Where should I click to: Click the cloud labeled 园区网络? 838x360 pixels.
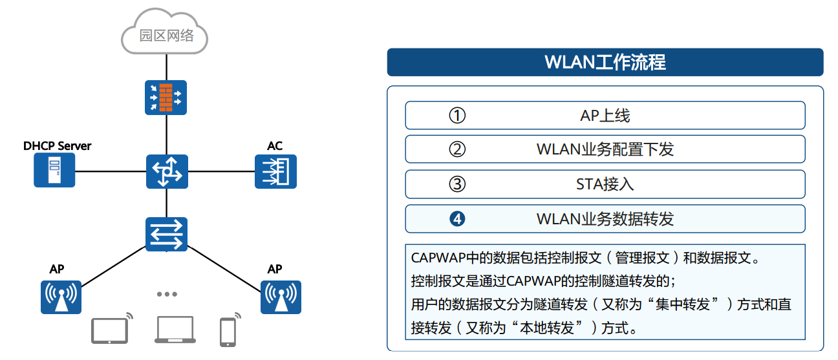tap(166, 33)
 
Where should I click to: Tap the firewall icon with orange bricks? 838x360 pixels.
tap(166, 96)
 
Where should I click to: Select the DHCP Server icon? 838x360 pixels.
tap(54, 171)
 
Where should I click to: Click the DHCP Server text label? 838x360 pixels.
tap(57, 146)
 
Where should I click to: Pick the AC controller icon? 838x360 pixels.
tap(275, 171)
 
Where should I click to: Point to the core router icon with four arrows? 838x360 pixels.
tap(166, 171)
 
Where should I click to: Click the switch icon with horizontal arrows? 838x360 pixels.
tap(166, 233)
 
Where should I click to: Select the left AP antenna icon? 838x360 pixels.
tap(61, 297)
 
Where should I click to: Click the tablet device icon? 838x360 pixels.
tap(109, 330)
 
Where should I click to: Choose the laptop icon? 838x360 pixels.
tap(175, 330)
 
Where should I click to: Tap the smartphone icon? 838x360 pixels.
tap(227, 332)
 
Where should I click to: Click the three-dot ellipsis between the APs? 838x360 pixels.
tap(167, 294)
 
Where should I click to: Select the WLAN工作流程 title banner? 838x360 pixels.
tap(605, 63)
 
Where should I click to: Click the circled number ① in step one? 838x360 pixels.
tap(457, 116)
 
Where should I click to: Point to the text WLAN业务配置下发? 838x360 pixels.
tap(605, 150)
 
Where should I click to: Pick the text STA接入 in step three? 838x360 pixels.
tap(605, 184)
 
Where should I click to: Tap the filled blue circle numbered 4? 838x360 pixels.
tap(457, 219)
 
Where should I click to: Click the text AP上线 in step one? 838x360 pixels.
tap(605, 116)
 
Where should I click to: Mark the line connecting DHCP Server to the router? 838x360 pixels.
tap(110, 171)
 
